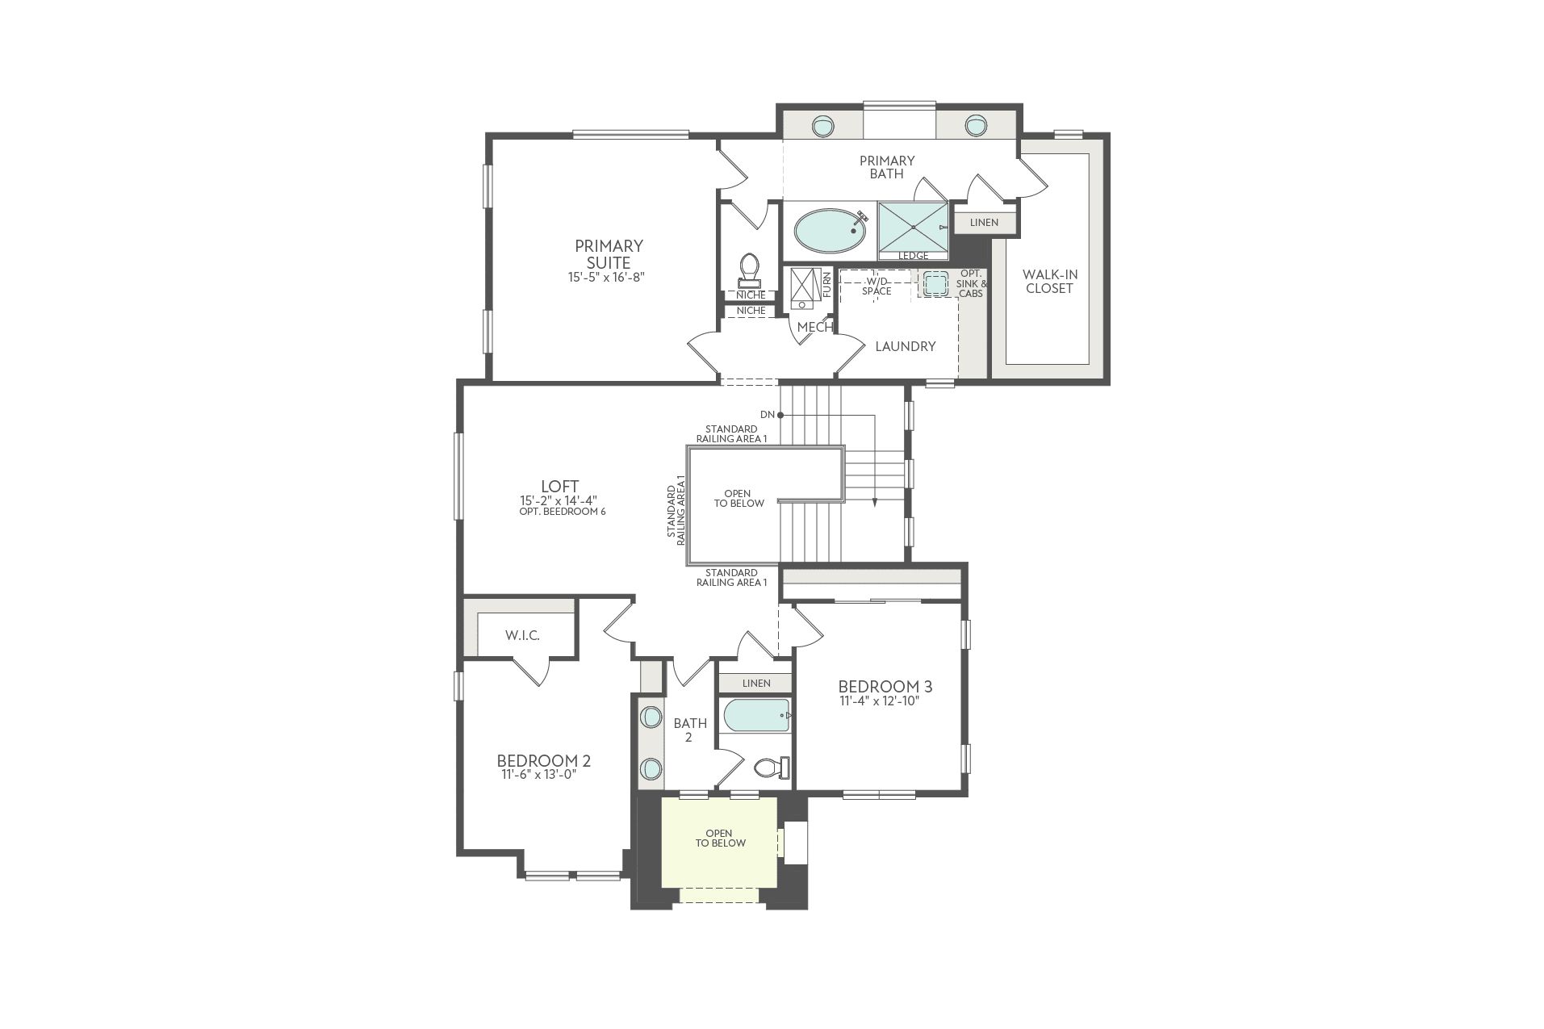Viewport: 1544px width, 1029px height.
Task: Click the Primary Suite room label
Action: [609, 254]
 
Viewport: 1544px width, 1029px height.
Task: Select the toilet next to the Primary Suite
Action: [750, 270]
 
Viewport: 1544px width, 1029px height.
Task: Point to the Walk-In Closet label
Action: [1049, 282]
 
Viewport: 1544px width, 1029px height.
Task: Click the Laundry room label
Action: [906, 346]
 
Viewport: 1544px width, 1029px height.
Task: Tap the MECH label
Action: [814, 328]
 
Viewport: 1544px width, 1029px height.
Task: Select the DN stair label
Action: [767, 415]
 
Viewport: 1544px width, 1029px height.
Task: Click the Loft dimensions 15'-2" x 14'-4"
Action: [559, 500]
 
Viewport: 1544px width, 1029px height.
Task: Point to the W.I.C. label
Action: [522, 636]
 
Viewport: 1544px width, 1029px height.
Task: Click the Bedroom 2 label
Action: [543, 760]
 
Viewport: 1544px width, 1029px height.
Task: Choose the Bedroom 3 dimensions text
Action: [880, 701]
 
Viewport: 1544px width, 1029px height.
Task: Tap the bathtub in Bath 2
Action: [756, 715]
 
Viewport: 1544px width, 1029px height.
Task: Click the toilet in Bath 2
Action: [772, 768]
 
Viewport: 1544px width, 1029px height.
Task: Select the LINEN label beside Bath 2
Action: [756, 684]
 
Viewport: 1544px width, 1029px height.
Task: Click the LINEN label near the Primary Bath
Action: [984, 223]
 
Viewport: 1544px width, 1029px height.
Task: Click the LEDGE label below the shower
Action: [913, 256]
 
